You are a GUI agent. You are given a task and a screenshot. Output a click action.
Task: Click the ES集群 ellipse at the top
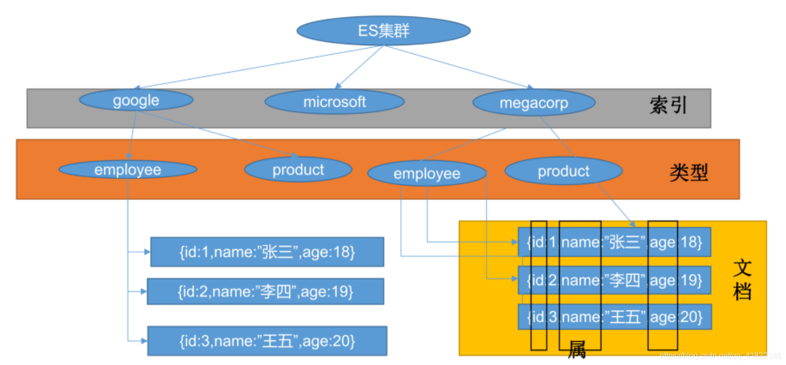383,31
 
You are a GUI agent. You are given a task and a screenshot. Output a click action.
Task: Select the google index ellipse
136,100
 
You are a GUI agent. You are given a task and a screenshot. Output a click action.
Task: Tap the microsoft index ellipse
334,102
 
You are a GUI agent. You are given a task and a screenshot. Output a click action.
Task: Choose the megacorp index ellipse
534,103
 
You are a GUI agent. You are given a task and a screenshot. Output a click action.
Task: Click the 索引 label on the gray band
668,105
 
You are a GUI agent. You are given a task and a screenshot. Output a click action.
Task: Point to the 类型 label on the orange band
688,172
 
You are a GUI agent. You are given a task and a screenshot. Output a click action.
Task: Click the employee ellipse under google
128,170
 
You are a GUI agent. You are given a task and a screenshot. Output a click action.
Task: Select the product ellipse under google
298,170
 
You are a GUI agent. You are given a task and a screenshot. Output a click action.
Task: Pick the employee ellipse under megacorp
427,174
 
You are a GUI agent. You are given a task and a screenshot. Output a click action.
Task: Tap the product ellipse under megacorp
563,171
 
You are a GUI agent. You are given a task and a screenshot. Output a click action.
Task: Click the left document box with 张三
267,252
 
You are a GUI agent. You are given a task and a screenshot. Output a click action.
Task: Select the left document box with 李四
265,292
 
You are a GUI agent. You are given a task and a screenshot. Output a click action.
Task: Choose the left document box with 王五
267,341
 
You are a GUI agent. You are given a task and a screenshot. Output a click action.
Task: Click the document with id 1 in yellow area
614,242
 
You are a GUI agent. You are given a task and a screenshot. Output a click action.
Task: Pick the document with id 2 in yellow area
614,281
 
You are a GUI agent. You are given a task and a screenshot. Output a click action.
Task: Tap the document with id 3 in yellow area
614,317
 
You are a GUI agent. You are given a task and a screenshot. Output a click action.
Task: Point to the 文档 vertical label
742,280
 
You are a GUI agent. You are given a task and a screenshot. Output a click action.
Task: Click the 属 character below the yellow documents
577,350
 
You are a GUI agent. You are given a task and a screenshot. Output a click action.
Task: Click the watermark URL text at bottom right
720,356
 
